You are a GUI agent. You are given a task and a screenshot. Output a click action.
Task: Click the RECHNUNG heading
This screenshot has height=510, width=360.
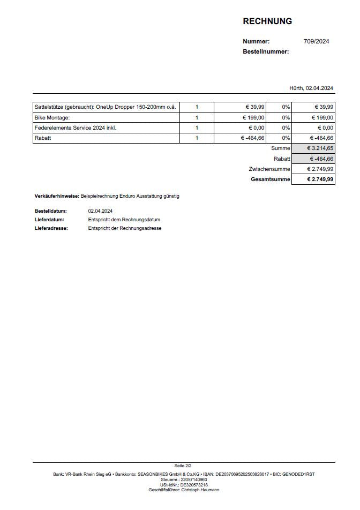click(267, 21)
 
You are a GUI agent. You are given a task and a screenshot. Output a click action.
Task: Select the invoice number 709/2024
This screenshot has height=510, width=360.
click(316, 41)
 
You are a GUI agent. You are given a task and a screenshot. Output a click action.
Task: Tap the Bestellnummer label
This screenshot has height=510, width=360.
click(266, 51)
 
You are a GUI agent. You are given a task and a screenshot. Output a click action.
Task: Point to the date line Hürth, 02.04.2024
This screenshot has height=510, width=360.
click(312, 88)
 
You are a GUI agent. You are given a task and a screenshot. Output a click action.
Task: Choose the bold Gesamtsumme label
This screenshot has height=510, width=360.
click(271, 179)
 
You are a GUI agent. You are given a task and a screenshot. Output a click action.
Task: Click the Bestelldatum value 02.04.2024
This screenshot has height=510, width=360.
click(101, 211)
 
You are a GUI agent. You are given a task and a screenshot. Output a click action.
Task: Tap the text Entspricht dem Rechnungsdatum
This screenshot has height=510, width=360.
click(124, 220)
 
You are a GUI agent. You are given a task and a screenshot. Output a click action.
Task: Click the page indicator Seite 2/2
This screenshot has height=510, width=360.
click(183, 466)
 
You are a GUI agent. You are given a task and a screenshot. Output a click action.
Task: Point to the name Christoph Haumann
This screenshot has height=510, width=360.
click(200, 490)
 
